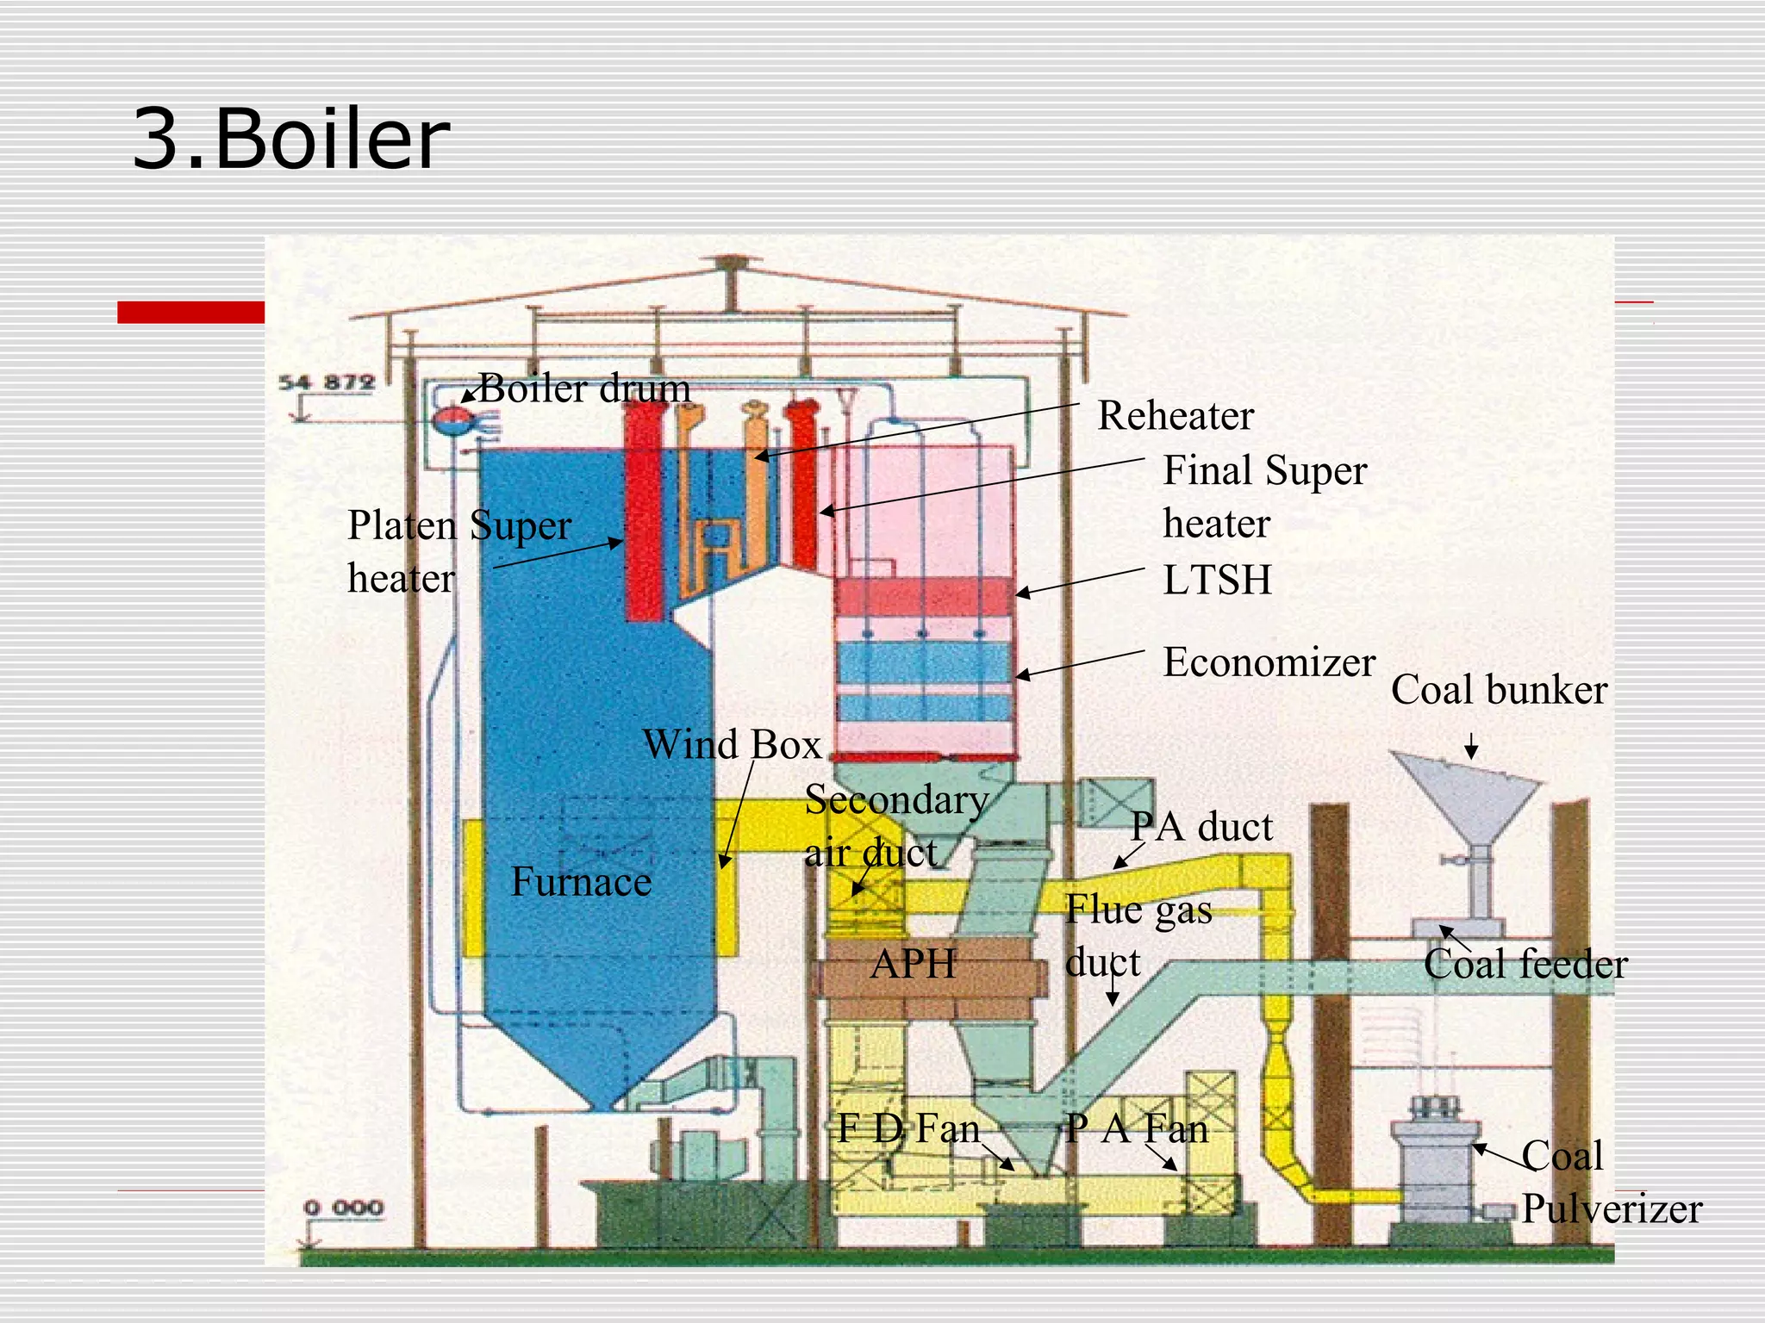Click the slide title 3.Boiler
coord(291,140)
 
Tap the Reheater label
coord(1175,417)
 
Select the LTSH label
coord(1217,581)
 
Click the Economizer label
coord(1269,663)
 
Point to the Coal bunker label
coord(1499,691)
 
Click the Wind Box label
coord(732,745)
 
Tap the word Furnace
coord(581,882)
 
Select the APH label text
coord(913,964)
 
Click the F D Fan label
coord(908,1129)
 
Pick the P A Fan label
coord(1136,1129)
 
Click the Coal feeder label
coord(1525,965)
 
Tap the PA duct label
coord(1201,828)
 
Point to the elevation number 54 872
coord(327,382)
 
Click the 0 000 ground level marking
coord(343,1208)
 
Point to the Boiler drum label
coord(584,389)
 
